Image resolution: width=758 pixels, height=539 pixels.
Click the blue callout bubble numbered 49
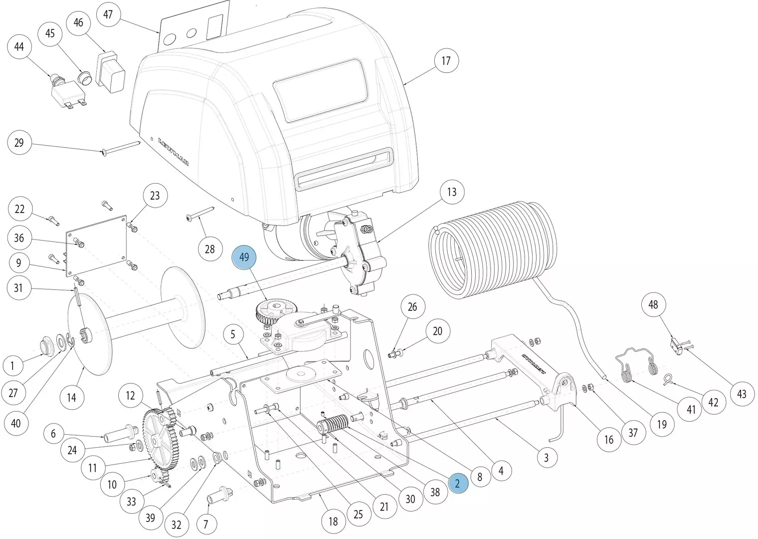click(x=244, y=258)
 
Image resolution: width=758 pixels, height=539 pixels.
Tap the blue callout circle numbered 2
click(x=458, y=483)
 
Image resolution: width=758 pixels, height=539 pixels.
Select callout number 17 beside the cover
click(x=446, y=61)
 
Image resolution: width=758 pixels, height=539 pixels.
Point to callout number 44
click(x=19, y=47)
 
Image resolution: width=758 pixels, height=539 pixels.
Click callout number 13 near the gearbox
click(x=452, y=192)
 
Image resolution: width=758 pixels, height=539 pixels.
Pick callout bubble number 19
click(x=662, y=424)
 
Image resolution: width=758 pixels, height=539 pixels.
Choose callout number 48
click(x=653, y=304)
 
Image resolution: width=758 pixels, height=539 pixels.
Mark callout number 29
click(x=19, y=143)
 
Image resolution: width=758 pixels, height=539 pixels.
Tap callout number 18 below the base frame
click(x=333, y=522)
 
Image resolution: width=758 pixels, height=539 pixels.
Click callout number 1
click(x=12, y=366)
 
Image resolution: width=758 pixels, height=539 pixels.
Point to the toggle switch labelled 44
click(x=64, y=90)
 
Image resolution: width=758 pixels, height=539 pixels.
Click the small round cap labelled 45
click(x=85, y=78)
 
